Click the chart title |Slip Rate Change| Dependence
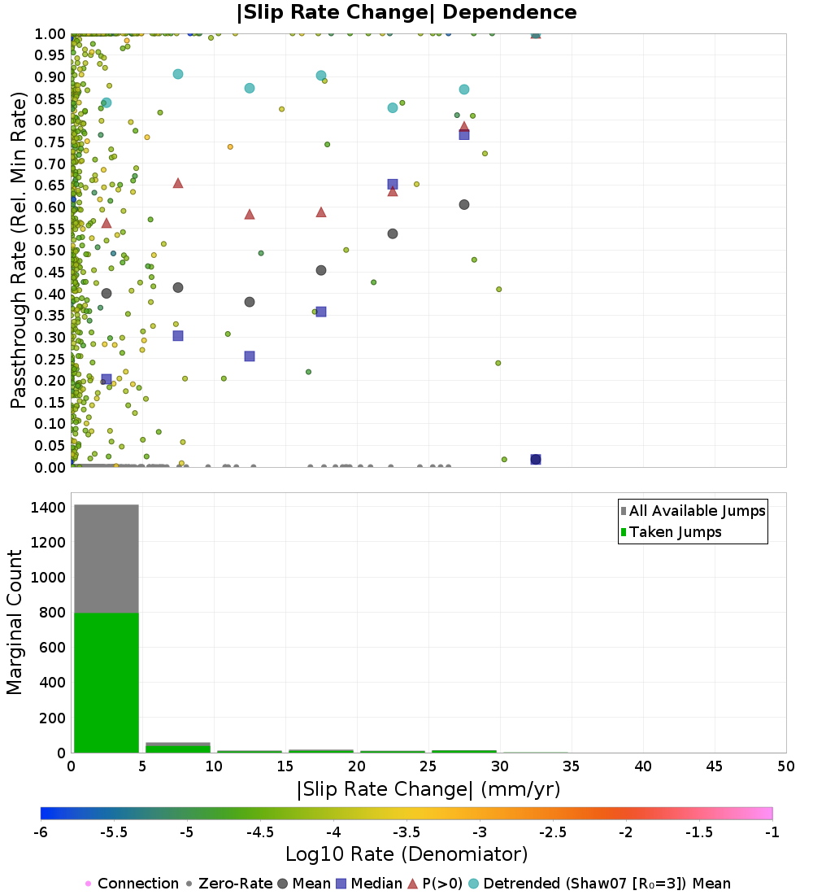(406, 12)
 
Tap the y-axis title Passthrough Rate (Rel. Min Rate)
(18, 250)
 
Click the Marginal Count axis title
(15, 622)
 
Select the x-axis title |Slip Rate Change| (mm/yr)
(428, 789)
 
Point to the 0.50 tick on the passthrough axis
(50, 251)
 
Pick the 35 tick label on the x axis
(571, 766)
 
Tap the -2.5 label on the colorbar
(553, 832)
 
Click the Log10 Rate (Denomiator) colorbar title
(406, 854)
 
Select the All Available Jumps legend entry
(693, 511)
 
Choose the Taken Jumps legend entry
(671, 532)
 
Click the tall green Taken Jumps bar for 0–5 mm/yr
(107, 683)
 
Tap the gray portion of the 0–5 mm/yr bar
(107, 559)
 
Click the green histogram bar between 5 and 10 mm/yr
(178, 749)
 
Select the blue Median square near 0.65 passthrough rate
(393, 185)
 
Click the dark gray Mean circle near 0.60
(464, 204)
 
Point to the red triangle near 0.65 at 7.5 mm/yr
(178, 183)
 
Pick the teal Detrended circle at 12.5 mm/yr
(250, 88)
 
